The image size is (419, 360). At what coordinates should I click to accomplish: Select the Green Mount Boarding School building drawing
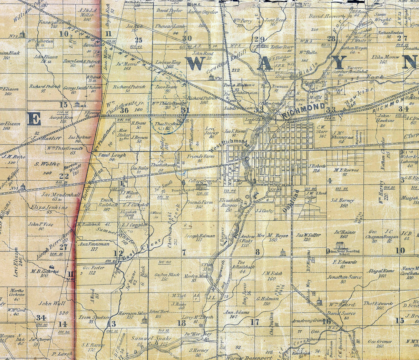340,245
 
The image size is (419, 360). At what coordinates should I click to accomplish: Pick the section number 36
124,110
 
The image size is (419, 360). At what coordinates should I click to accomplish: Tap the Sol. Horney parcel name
342,201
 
